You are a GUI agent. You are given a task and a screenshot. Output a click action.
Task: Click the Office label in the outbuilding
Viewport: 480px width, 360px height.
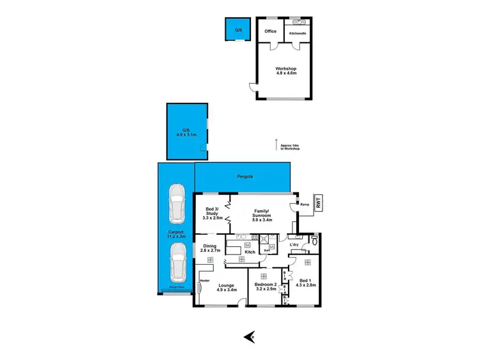(270, 31)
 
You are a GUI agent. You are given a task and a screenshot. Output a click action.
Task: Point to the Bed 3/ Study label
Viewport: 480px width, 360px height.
(212, 213)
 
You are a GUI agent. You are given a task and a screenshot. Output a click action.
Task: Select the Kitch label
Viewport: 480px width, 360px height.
(250, 252)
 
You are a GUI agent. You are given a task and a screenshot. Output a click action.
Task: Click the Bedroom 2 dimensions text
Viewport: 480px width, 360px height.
(264, 289)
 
